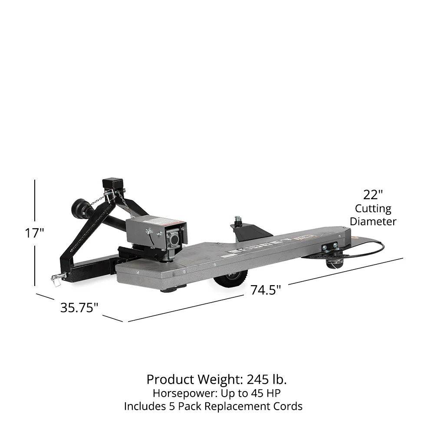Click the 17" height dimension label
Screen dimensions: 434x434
(x=35, y=233)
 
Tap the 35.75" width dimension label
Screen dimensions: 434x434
(x=79, y=308)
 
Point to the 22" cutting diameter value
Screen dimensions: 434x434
(x=373, y=194)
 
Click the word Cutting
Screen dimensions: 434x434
(x=373, y=209)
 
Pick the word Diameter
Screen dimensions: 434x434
(x=373, y=221)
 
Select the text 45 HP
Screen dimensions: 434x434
(x=268, y=393)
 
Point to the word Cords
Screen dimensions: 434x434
(x=287, y=407)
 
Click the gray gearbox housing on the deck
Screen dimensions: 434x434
(x=156, y=234)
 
